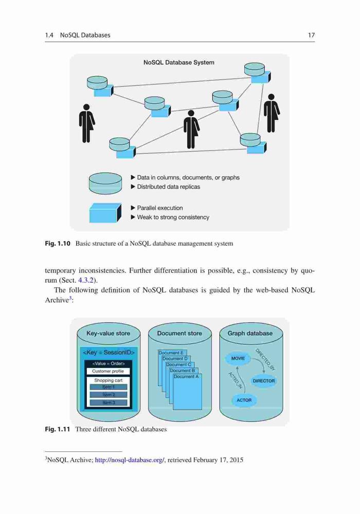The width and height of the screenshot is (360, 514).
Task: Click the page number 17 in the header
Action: coord(311,35)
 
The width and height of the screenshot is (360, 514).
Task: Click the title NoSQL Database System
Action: coord(178,62)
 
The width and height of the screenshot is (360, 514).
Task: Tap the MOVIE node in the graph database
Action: coord(238,358)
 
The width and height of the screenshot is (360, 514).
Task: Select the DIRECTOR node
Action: coord(263,381)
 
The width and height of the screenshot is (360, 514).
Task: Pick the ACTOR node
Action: coord(244,400)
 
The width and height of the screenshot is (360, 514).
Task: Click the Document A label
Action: coord(186,377)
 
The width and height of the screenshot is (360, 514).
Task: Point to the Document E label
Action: coord(171,353)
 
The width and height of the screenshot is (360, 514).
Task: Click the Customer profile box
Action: coord(108,371)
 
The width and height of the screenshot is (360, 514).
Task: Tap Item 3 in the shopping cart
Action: coord(109,402)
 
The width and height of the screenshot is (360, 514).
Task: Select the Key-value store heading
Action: coord(108,333)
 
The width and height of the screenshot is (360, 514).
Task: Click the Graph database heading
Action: coord(250,333)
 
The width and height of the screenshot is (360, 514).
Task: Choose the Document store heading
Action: coord(179,333)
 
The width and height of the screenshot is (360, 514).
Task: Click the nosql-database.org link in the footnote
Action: coord(130,460)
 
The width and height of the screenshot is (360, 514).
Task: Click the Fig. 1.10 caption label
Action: coord(58,244)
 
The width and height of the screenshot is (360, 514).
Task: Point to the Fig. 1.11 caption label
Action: coord(58,429)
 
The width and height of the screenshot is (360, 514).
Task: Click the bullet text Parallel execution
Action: coord(159,208)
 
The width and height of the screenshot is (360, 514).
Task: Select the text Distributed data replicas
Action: coord(169,187)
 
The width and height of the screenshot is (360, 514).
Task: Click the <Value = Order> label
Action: coord(108,363)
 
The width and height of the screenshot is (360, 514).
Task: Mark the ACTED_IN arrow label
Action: coord(235,380)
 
